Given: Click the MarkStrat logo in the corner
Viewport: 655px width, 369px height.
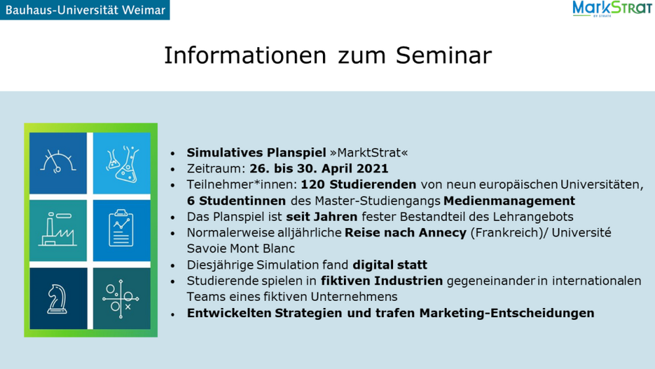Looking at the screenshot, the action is [612, 9].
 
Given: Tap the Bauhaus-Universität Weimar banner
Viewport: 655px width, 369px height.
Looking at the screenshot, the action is [85, 10].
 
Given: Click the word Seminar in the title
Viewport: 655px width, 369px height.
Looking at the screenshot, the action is [444, 55].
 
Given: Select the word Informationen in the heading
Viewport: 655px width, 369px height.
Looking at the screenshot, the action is [245, 55].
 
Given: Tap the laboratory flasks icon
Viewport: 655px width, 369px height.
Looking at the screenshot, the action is [122, 164].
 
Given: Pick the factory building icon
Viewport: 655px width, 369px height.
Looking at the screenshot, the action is [58, 229].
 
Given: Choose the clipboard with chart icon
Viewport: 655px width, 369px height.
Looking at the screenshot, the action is [121, 228].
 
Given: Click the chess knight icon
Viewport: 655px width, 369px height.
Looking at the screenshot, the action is [57, 299].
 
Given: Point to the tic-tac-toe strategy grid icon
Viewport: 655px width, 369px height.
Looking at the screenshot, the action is [121, 299].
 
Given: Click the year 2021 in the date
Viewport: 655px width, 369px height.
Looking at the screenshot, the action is [372, 168].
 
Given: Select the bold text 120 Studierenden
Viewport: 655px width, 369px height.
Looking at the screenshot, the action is [358, 185].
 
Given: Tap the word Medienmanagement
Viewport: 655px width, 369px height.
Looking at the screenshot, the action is [509, 201].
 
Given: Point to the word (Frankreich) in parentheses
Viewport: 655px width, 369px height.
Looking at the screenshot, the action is [506, 233].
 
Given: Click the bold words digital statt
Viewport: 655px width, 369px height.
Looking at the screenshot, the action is [390, 265].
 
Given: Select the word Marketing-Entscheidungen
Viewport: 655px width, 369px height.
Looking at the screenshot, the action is [507, 313].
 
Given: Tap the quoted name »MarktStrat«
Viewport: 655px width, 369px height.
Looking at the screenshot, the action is [368, 152].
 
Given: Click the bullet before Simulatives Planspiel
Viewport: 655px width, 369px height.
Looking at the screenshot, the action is [173, 154].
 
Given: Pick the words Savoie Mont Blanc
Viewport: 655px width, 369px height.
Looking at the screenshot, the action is [241, 249].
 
